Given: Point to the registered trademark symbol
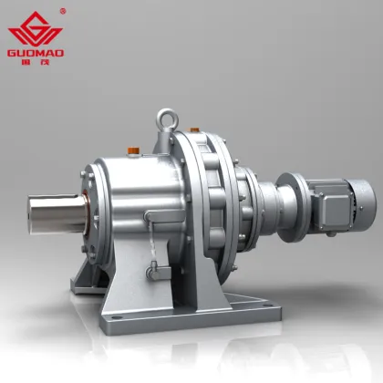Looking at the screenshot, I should click(62, 11).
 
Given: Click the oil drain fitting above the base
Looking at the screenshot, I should click(153, 271).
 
